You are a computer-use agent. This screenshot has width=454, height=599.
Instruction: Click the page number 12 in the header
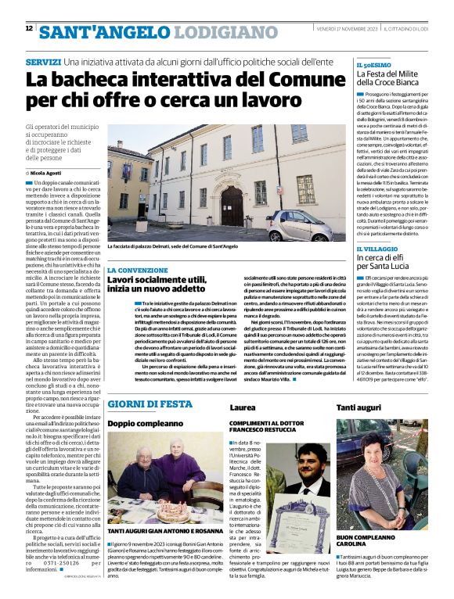click(29, 28)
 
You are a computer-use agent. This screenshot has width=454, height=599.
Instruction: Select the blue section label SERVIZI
click(42, 61)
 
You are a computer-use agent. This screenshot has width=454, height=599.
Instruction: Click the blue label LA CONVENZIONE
click(132, 269)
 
